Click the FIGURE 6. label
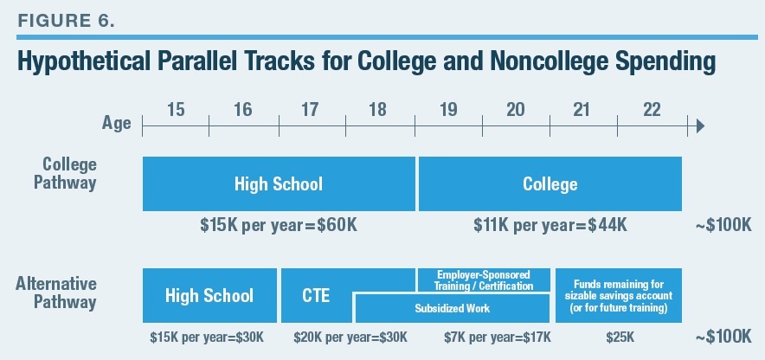[65, 20]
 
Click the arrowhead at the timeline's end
[699, 126]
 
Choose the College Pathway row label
[69, 174]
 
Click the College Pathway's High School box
[278, 184]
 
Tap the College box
[550, 184]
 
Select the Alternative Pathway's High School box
[209, 295]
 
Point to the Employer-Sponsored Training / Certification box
[485, 280]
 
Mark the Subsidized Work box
[453, 308]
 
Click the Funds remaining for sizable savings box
[618, 294]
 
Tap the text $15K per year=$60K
[278, 226]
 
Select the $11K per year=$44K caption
[550, 226]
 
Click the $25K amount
[618, 337]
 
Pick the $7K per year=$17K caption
[484, 337]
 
